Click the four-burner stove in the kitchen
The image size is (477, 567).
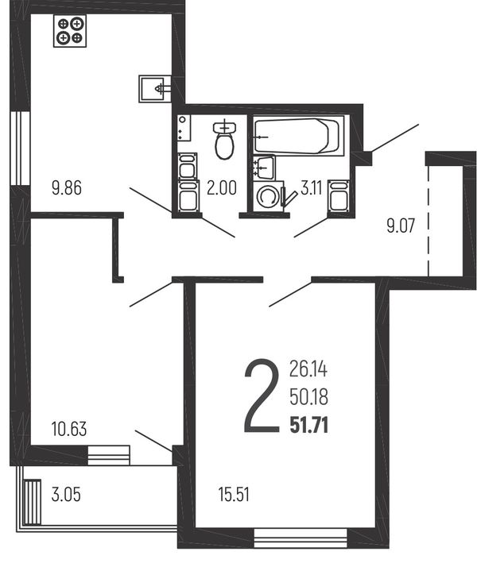pyautogui.click(x=70, y=31)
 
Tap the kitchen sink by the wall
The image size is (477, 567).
pyautogui.click(x=155, y=89)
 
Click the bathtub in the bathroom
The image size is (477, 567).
pyautogui.click(x=299, y=136)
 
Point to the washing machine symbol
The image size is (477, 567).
pyautogui.click(x=268, y=196)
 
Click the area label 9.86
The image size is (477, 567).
pyautogui.click(x=67, y=188)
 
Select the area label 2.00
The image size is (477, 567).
pyautogui.click(x=222, y=188)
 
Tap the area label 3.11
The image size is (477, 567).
pyautogui.click(x=311, y=188)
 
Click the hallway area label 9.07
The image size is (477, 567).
pyautogui.click(x=400, y=226)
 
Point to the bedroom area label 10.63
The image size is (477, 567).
pyautogui.click(x=68, y=430)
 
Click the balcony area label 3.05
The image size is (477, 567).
pyautogui.click(x=66, y=494)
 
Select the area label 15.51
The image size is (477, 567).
pyautogui.click(x=234, y=494)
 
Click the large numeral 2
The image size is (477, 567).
pyautogui.click(x=262, y=396)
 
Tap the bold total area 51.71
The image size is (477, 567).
pyautogui.click(x=308, y=425)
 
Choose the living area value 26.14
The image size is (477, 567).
pyautogui.click(x=308, y=369)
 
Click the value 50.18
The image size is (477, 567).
pyautogui.click(x=308, y=397)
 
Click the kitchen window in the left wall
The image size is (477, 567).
pyautogui.click(x=20, y=148)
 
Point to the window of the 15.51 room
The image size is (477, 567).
pyautogui.click(x=301, y=538)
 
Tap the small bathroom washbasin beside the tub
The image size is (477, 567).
pyautogui.click(x=264, y=168)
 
